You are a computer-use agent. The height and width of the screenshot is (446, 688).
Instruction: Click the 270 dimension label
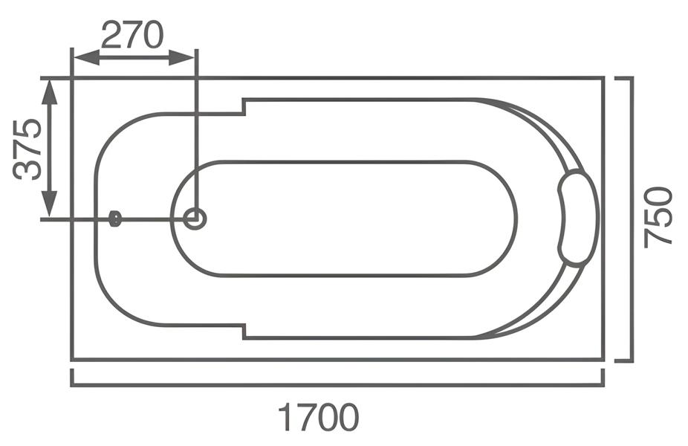coord(132,35)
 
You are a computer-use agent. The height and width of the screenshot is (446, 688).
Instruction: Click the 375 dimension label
coord(27,149)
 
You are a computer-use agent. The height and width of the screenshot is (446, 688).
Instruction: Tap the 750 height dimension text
coord(658,217)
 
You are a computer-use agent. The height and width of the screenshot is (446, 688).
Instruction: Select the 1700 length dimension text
coord(319,418)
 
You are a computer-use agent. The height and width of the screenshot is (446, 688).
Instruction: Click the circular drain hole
coord(195,219)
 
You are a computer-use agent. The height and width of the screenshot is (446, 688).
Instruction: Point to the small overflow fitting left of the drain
coord(114,219)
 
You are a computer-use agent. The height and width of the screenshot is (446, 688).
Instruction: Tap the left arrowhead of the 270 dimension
coord(86,57)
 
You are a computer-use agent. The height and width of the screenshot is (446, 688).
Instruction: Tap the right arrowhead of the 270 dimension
coord(181,57)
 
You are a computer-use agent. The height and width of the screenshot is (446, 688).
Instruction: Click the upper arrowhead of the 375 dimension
coord(49,92)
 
